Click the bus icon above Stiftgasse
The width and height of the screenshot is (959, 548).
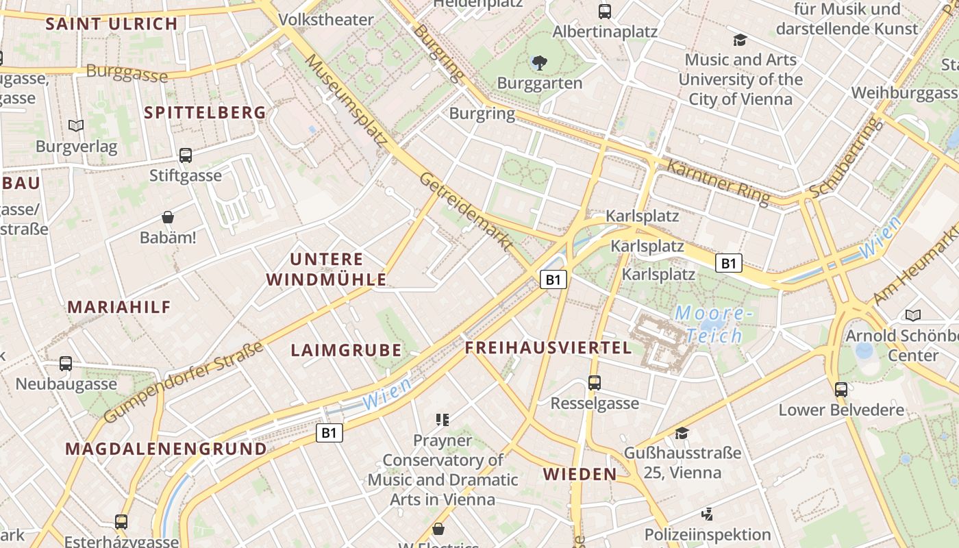186,155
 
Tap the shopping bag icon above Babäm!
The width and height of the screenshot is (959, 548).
168,218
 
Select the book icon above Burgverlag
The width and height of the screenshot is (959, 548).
76,126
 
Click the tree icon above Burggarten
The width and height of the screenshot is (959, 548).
539,64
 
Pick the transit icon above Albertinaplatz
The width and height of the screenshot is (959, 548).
605,12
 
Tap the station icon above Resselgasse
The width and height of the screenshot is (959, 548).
595,383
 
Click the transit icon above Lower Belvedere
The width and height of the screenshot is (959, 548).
841,390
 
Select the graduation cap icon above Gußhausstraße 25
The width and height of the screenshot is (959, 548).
682,433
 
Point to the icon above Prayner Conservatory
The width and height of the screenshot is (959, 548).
442,419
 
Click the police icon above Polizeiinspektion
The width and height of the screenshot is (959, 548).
708,514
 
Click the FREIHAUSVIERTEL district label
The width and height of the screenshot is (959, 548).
548,348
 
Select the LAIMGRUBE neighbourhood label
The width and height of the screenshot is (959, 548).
346,351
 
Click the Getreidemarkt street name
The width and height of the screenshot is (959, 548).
466,212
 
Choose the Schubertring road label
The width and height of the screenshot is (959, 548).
843,158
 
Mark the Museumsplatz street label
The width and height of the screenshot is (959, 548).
345,100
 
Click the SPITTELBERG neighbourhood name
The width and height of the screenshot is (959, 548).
205,113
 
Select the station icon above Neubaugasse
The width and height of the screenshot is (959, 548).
66,364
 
